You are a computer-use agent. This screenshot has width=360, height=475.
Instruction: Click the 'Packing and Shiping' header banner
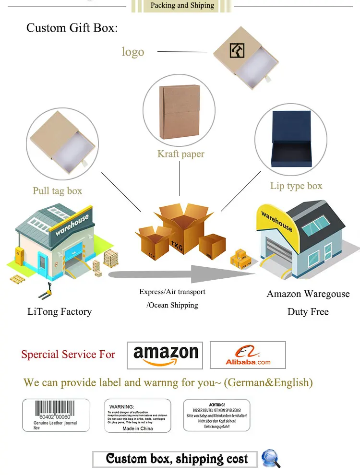pyautogui.click(x=182, y=6)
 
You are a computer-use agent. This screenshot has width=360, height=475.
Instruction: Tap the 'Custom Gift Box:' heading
pyautogui.click(x=72, y=28)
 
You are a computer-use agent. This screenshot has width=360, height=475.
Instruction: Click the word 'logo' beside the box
pyautogui.click(x=132, y=52)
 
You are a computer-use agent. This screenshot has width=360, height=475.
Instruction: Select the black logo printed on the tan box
pyautogui.click(x=237, y=50)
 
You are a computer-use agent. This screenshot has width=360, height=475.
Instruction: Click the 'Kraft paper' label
pyautogui.click(x=180, y=154)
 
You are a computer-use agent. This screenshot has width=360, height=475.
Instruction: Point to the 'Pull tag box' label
pyautogui.click(x=57, y=191)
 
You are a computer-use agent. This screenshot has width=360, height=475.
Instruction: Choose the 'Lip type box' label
pyautogui.click(x=296, y=186)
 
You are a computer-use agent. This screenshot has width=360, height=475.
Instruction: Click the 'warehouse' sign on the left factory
pyautogui.click(x=72, y=225)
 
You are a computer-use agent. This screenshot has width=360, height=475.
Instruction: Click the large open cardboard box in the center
pyautogui.click(x=183, y=230)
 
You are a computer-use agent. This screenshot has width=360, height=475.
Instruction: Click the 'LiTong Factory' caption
pyautogui.click(x=60, y=312)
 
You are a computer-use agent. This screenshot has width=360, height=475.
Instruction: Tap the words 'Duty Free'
pyautogui.click(x=308, y=312)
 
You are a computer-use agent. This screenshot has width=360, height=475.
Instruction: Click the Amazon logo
pyautogui.click(x=165, y=356)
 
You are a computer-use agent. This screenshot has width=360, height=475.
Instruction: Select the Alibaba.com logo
pyautogui.click(x=248, y=356)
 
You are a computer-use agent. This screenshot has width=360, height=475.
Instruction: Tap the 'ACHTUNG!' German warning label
pyautogui.click(x=217, y=415)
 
